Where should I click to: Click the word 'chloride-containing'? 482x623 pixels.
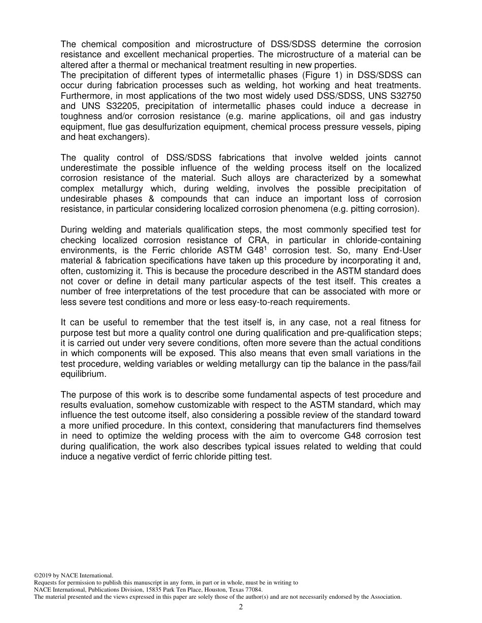[381, 240]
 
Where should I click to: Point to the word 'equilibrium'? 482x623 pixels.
[83, 374]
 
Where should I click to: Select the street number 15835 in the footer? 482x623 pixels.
[137, 590]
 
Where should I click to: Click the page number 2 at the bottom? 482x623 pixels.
[241, 607]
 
